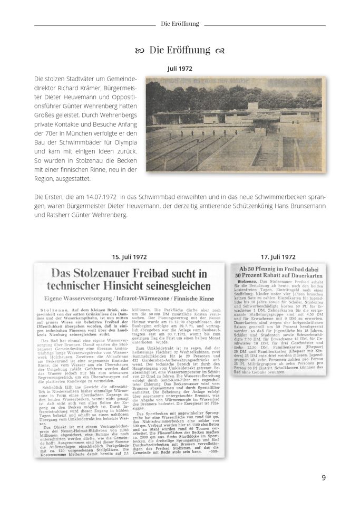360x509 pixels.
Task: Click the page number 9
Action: coord(324,478)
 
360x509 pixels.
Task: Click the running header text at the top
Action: coord(180,24)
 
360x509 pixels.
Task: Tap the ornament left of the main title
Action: coord(140,51)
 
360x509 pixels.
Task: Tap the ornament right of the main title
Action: coord(220,51)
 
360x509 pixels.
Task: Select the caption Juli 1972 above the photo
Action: coord(180,69)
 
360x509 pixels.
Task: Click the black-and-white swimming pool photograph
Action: coord(235,125)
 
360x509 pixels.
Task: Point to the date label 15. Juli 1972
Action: coord(130,257)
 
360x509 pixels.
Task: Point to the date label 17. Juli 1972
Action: coord(278,257)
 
